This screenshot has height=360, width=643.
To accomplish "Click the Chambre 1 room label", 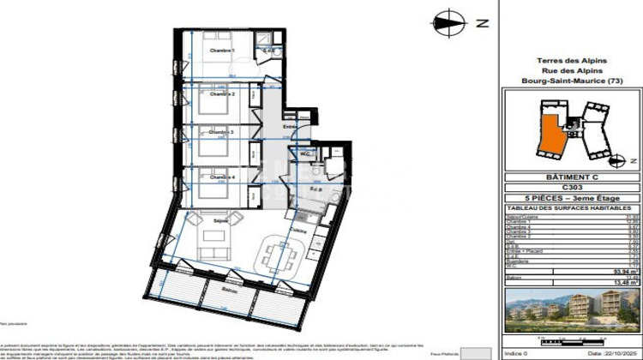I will [222, 51].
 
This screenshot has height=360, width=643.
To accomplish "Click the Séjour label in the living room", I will [210, 220].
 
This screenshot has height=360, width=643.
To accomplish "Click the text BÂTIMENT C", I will [571, 177].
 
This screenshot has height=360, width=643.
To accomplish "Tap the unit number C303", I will [571, 188].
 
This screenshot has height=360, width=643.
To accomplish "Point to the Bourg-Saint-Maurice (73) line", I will [571, 81].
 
